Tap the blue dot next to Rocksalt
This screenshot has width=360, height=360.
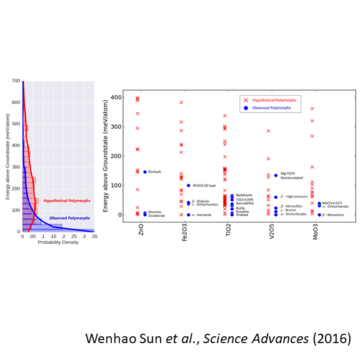(144, 172)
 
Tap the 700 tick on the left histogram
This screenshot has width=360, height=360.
(17, 81)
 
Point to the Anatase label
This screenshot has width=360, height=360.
(242, 214)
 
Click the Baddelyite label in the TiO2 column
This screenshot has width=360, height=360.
(244, 195)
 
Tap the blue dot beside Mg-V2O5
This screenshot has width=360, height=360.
(276, 176)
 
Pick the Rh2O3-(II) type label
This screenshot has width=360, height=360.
(204, 186)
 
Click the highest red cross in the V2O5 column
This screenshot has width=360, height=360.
(268, 131)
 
